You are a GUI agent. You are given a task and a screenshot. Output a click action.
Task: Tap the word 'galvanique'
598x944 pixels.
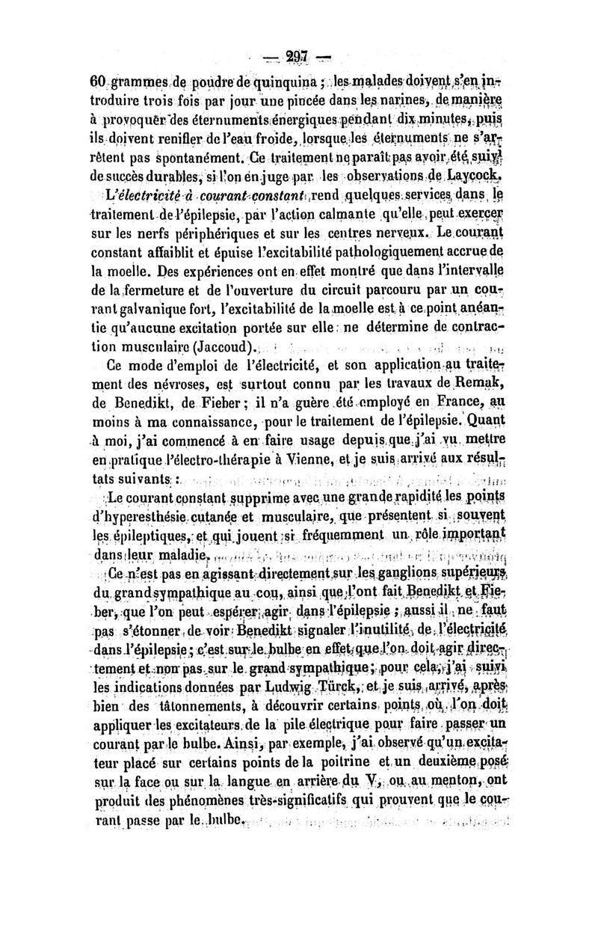coord(140,307)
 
